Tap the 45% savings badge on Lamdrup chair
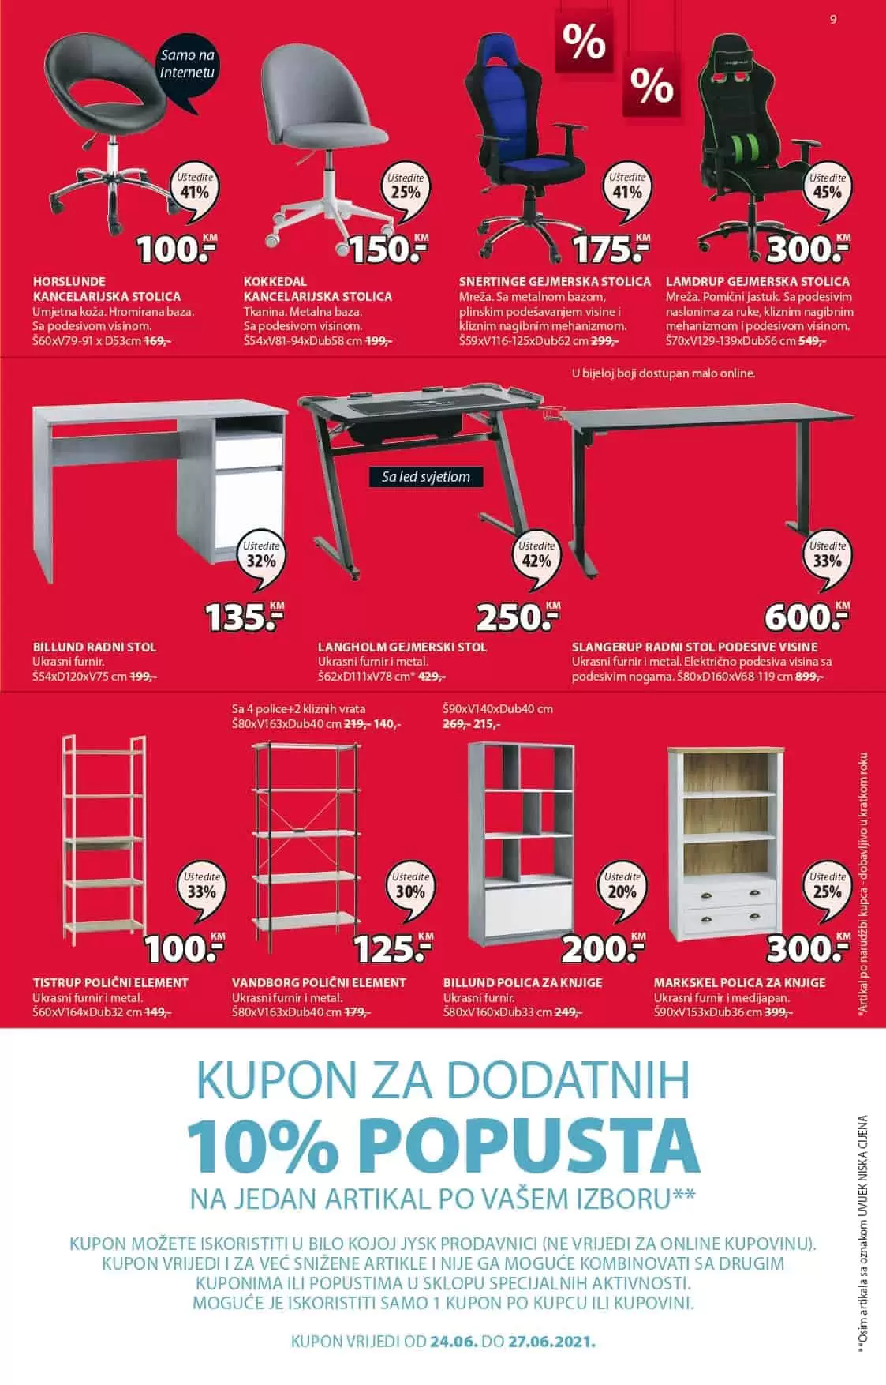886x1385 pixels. point(826,188)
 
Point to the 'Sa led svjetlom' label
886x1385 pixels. point(425,477)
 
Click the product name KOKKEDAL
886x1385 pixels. point(275,281)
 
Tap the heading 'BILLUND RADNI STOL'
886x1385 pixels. point(95,647)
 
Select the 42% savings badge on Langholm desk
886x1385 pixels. point(536,556)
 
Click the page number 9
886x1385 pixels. point(833,21)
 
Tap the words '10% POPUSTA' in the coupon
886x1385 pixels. point(443,1143)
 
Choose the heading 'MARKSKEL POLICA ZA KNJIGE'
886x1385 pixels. point(739,982)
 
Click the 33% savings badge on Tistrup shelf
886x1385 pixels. point(201,887)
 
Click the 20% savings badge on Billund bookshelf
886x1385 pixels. point(622,887)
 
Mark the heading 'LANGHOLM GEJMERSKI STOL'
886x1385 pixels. point(402,647)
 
